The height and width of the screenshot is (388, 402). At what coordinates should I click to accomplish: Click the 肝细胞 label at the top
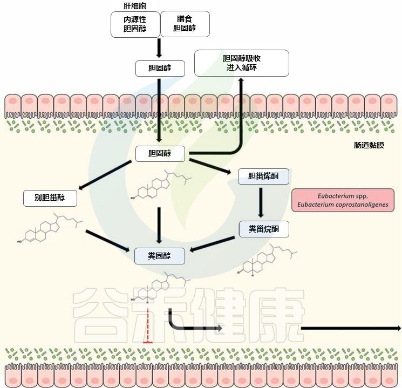coord(134,5)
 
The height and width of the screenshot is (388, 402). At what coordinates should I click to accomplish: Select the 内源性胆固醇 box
coord(135,24)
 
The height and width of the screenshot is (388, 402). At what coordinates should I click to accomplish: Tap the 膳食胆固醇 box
coord(185,24)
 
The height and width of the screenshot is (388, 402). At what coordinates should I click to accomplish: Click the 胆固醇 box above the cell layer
coord(159,69)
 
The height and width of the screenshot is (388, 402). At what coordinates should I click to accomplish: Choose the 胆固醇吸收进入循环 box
coord(241,63)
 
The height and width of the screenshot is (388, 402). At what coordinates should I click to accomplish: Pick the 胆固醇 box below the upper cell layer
coord(159,154)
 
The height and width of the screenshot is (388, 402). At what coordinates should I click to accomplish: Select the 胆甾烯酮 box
coord(263,176)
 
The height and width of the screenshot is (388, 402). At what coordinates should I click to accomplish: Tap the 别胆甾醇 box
coord(50,198)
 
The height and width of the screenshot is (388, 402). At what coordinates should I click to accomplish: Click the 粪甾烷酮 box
coord(263,229)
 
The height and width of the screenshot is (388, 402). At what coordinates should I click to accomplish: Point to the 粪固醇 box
coord(159,256)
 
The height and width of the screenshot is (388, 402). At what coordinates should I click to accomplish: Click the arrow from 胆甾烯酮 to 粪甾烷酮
coord(262,202)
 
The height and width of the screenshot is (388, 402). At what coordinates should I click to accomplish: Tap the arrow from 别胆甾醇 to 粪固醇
coord(108,241)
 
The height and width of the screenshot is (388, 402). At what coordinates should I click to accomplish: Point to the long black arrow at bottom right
coord(351,328)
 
